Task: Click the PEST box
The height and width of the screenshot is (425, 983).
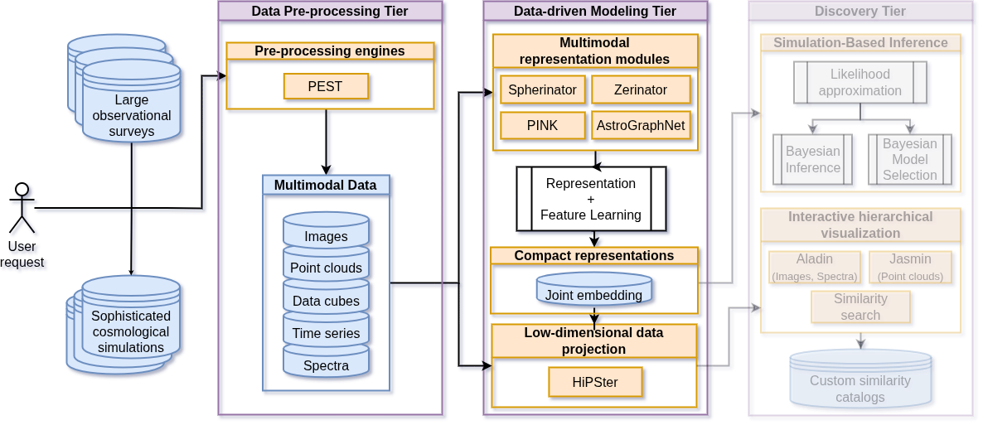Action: [326, 86]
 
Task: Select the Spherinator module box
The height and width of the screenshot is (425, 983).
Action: [543, 89]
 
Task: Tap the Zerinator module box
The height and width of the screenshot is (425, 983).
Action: [641, 89]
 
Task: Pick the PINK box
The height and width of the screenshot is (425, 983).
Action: [543, 125]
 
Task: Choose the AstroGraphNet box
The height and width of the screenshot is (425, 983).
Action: [641, 125]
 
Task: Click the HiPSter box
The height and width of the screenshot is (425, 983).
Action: [594, 382]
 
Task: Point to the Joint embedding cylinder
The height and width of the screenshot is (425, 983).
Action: [593, 291]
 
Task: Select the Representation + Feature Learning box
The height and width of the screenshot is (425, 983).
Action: [591, 199]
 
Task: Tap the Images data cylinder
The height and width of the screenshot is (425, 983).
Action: [326, 233]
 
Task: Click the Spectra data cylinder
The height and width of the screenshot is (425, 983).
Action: [326, 363]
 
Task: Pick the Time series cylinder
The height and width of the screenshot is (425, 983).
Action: [326, 331]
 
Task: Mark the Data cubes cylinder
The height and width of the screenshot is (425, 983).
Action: [326, 298]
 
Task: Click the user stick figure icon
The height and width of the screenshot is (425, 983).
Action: [22, 208]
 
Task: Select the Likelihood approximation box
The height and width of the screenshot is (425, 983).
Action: [860, 83]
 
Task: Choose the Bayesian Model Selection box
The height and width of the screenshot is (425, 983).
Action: [909, 159]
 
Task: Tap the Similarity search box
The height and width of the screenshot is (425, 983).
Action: [860, 307]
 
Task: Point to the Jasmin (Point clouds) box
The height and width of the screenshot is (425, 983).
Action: [910, 267]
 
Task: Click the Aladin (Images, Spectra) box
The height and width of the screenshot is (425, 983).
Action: [814, 267]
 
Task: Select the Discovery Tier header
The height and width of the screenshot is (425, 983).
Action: [860, 11]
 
